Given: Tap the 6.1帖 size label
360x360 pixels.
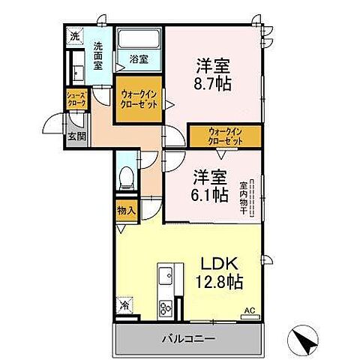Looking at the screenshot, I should (x=209, y=196).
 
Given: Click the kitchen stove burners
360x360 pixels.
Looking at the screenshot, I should (x=166, y=307).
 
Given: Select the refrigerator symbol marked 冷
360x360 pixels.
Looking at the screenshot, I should (x=125, y=306).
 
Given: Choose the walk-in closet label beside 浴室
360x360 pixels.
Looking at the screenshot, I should (x=138, y=100).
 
